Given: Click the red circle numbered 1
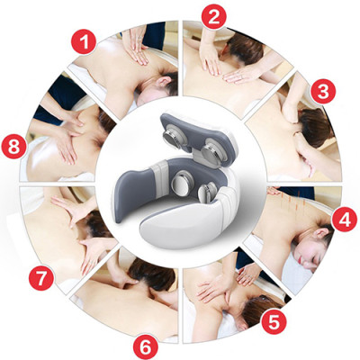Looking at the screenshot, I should [85, 43].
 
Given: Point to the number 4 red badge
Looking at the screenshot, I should [342, 218].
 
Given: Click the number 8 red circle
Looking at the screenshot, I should [15, 144].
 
